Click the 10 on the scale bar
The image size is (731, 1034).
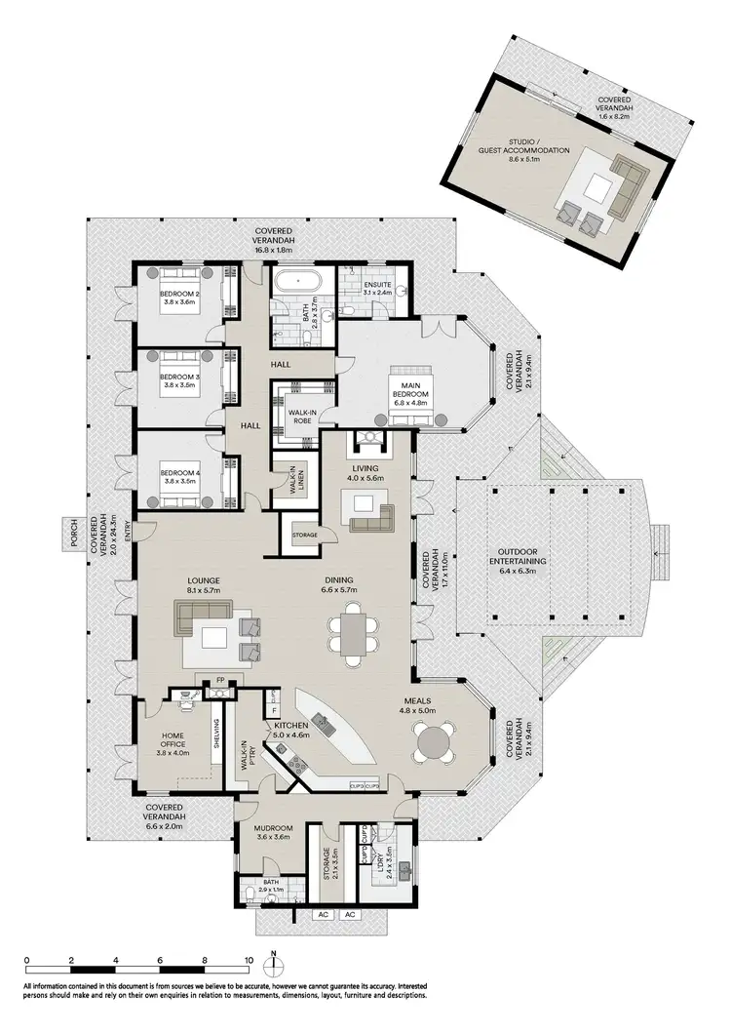[249, 960]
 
